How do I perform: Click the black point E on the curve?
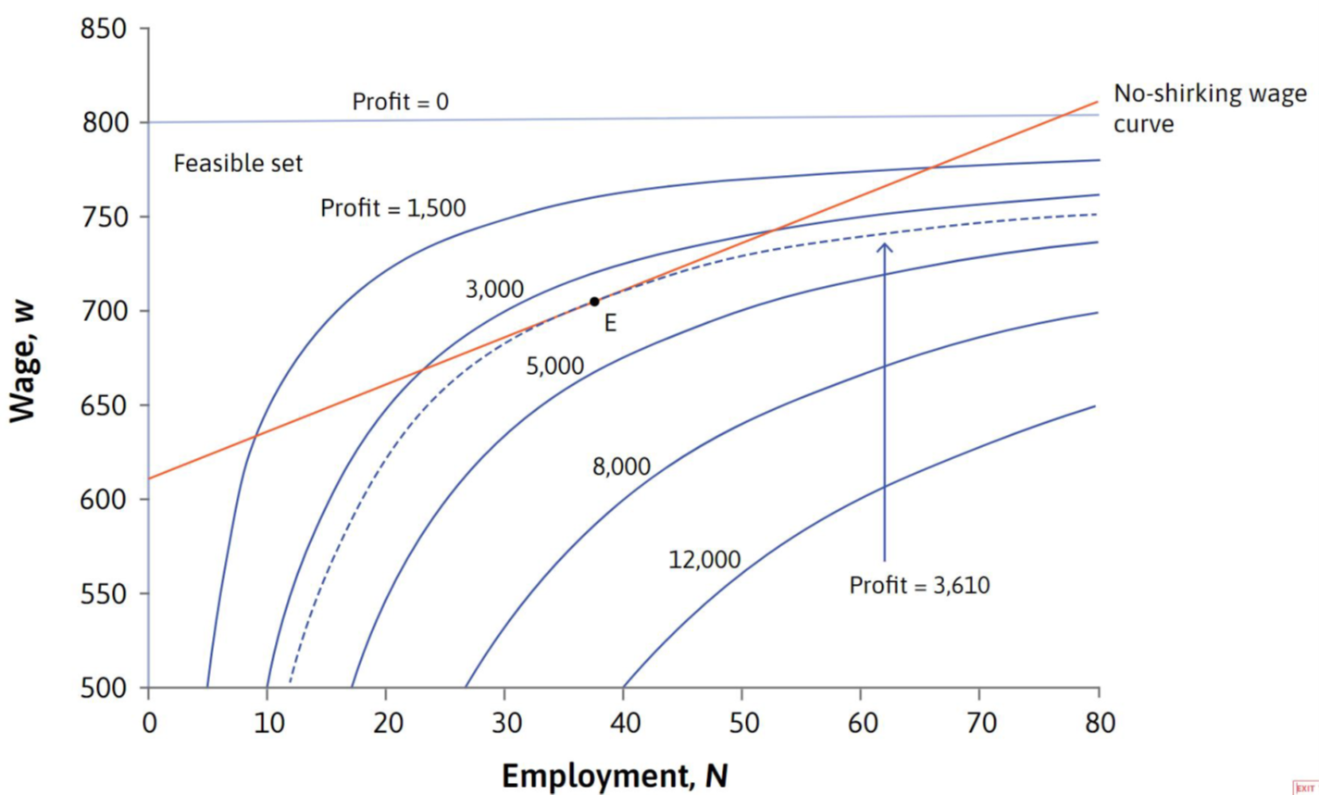594,302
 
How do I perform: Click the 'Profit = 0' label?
400,102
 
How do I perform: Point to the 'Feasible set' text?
238,165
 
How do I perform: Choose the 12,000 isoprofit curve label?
704,559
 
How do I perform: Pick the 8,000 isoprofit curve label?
621,467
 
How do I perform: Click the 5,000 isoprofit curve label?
555,366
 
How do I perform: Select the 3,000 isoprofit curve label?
494,290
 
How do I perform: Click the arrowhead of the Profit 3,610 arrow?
884,245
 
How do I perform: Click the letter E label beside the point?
610,323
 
